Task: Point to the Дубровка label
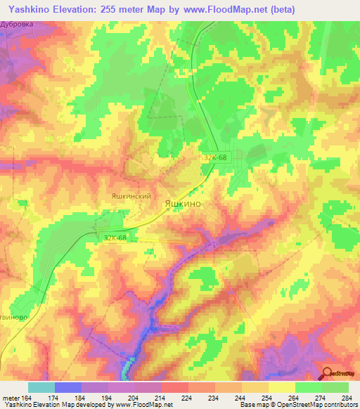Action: coord(18,23)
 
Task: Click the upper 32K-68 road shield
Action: coord(216,158)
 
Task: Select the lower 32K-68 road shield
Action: coord(115,238)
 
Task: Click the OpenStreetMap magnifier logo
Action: coord(328,375)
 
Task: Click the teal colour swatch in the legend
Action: coord(41,387)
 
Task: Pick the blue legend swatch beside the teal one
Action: coord(68,387)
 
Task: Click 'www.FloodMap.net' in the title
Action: coord(220,9)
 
